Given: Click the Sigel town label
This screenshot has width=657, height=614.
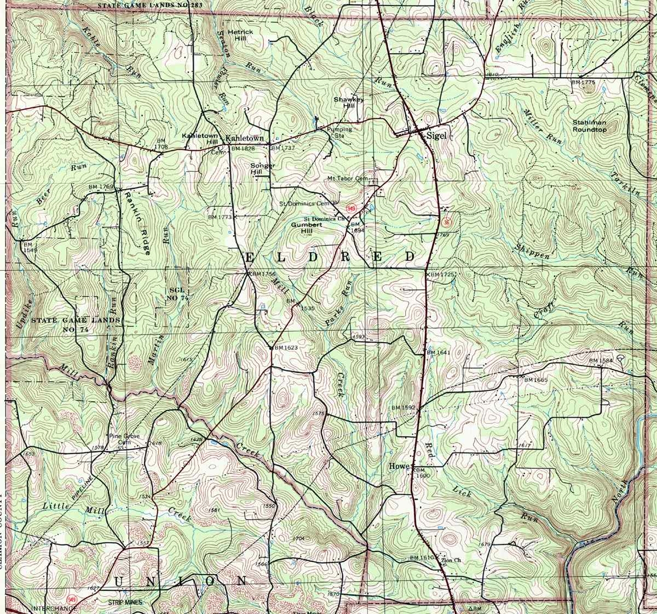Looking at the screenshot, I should pos(437,135).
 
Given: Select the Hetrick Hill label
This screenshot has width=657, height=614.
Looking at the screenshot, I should pos(241,35).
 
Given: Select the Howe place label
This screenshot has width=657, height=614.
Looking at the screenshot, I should pos(399,466).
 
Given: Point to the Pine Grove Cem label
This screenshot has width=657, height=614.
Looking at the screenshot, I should pos(125,439).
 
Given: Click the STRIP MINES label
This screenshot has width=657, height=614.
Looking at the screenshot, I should pos(124,602).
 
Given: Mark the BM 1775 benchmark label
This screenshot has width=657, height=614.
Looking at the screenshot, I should pos(583,82).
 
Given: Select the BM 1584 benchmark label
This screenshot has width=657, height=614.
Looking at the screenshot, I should pos(601,361).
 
